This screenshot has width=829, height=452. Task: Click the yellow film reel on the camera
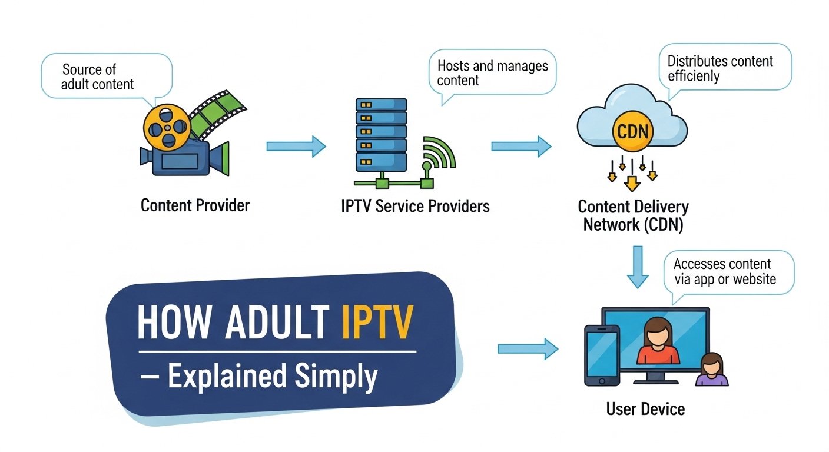coord(167,127)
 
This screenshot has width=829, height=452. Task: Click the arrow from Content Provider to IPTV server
coord(296,146)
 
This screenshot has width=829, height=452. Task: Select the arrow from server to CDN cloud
coord(520,146)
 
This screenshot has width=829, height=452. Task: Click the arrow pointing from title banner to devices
coord(528,348)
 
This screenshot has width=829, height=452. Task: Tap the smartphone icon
coord(601,355)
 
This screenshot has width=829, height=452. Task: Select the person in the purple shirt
coord(712,370)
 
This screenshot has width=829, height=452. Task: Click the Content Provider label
coord(195,205)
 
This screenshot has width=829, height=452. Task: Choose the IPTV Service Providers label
coord(414,207)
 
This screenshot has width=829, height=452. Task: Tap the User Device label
coord(645,408)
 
